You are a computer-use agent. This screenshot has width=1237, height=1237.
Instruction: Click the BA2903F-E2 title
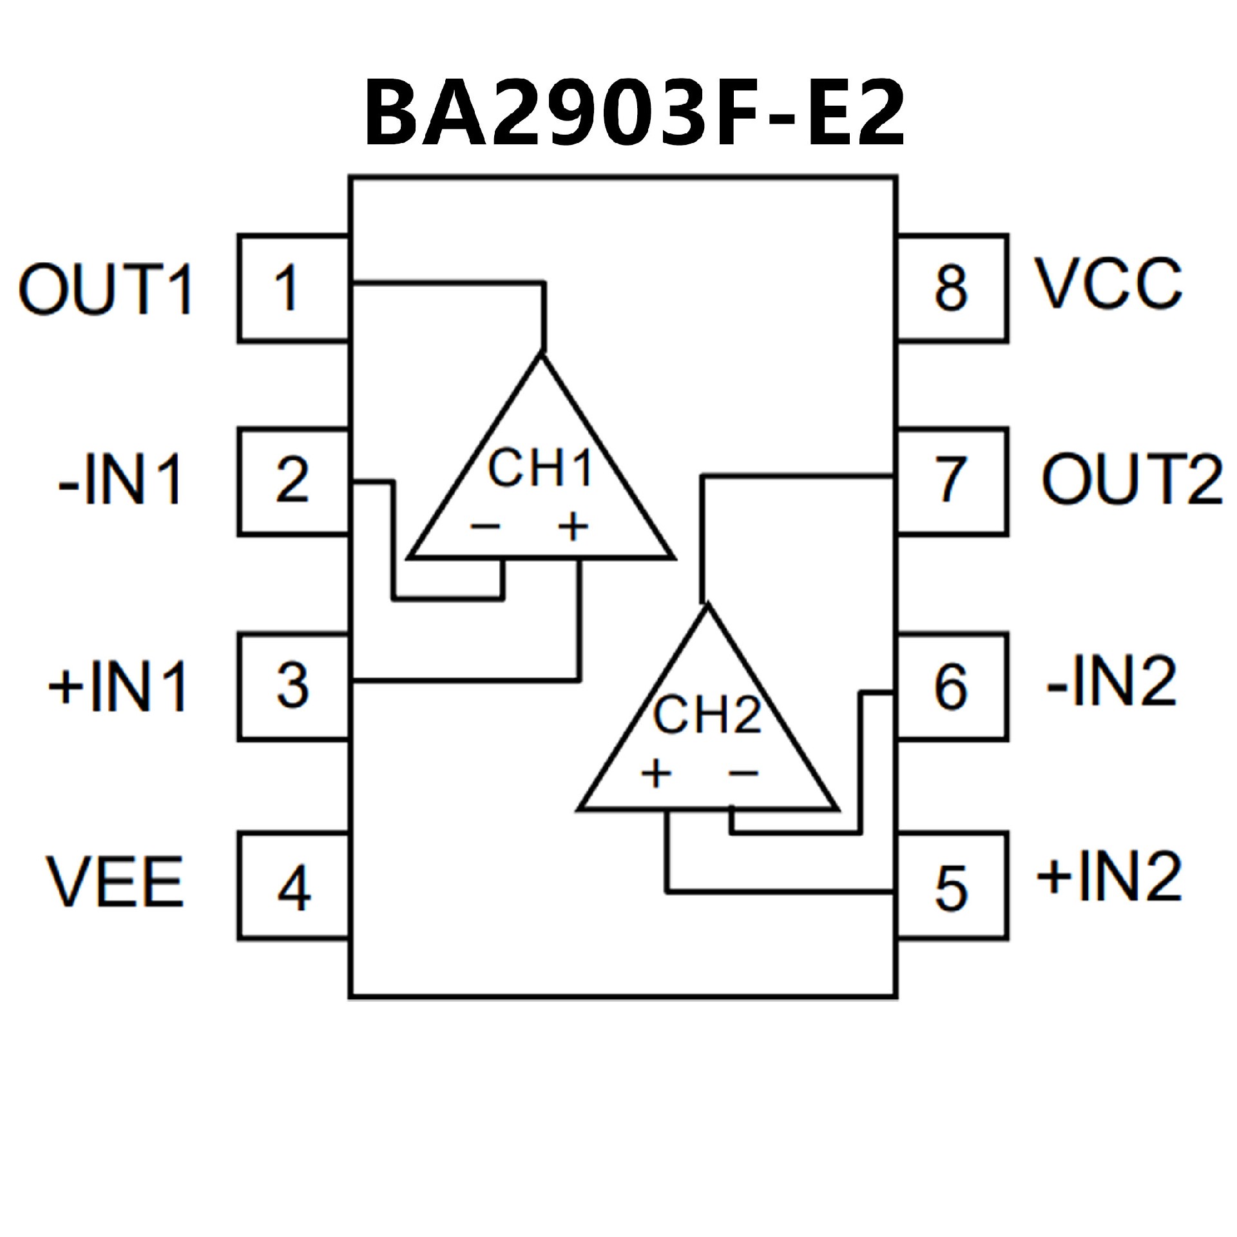(x=635, y=113)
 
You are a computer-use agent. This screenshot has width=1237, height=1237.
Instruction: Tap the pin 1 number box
(x=293, y=288)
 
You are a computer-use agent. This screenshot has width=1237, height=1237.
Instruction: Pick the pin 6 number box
(x=952, y=687)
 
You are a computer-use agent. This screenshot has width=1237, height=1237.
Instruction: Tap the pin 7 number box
(x=952, y=480)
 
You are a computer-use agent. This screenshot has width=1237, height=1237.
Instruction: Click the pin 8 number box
(x=952, y=288)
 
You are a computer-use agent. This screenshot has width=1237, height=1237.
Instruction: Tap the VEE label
(x=115, y=882)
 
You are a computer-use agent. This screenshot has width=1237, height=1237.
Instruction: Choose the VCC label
(x=1108, y=284)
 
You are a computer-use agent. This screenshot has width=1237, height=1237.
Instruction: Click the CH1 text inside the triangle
(x=540, y=468)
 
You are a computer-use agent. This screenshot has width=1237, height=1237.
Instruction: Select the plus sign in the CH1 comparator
(x=573, y=527)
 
